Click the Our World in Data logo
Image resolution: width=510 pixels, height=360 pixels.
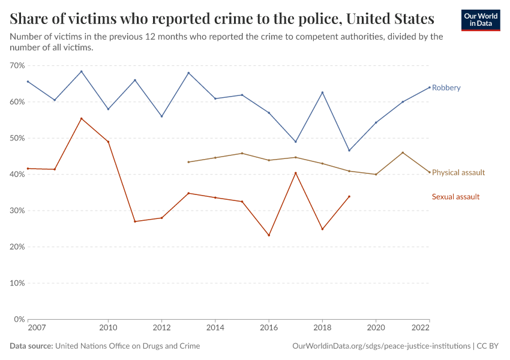(480, 20)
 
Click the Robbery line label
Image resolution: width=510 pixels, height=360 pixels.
(446, 88)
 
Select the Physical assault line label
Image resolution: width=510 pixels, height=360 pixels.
(458, 173)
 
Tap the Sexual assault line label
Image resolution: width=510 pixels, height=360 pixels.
(455, 197)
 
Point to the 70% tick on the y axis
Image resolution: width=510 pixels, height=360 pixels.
(17, 65)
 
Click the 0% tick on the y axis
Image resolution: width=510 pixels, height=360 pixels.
(19, 319)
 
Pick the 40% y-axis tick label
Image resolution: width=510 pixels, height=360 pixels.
(17, 175)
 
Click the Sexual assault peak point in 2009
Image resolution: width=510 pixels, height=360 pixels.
(82, 118)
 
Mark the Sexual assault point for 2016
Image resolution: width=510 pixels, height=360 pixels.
(269, 235)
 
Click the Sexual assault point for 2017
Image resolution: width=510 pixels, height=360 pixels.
(296, 173)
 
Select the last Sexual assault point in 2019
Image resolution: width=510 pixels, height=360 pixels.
(349, 196)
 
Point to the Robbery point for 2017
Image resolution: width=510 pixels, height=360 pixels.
(296, 142)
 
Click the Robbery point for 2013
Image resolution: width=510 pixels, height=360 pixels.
(188, 73)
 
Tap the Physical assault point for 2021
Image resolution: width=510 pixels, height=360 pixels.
(403, 152)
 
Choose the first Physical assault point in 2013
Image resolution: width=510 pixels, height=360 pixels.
(188, 162)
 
